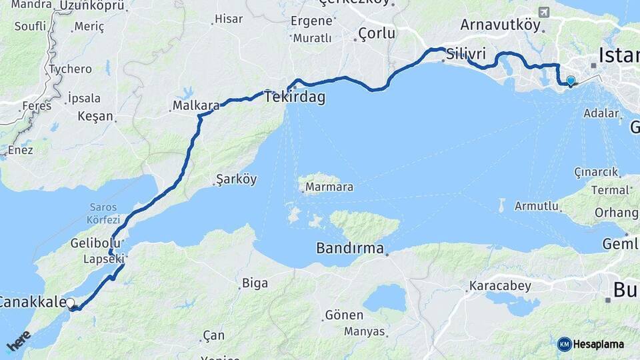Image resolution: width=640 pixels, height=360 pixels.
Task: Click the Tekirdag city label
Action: (x=295, y=97)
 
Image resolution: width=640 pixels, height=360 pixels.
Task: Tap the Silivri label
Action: (x=466, y=53)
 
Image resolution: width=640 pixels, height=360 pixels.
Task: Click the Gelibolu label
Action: (x=95, y=243)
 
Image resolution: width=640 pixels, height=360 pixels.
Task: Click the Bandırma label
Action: (x=350, y=249)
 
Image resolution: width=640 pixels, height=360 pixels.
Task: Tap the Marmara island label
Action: (x=329, y=187)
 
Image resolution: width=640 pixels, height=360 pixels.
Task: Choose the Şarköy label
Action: (x=236, y=179)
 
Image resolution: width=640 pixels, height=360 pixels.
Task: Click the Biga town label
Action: (x=255, y=283)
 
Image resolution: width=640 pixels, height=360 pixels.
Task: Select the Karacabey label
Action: (x=500, y=286)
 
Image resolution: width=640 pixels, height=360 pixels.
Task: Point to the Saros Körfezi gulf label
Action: (x=103, y=213)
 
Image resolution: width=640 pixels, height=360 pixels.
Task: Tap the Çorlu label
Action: (x=377, y=33)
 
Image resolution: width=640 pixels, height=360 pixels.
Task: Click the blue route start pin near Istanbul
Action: (x=570, y=81)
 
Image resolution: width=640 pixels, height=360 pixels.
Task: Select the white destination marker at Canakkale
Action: (x=71, y=303)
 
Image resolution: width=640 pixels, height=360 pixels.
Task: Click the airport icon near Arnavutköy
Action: (x=544, y=12)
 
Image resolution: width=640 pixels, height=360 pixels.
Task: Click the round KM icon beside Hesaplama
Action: (x=564, y=344)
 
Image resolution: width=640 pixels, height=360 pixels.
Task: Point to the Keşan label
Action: (x=95, y=116)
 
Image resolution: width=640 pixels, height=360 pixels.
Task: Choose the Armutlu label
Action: (x=537, y=206)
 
